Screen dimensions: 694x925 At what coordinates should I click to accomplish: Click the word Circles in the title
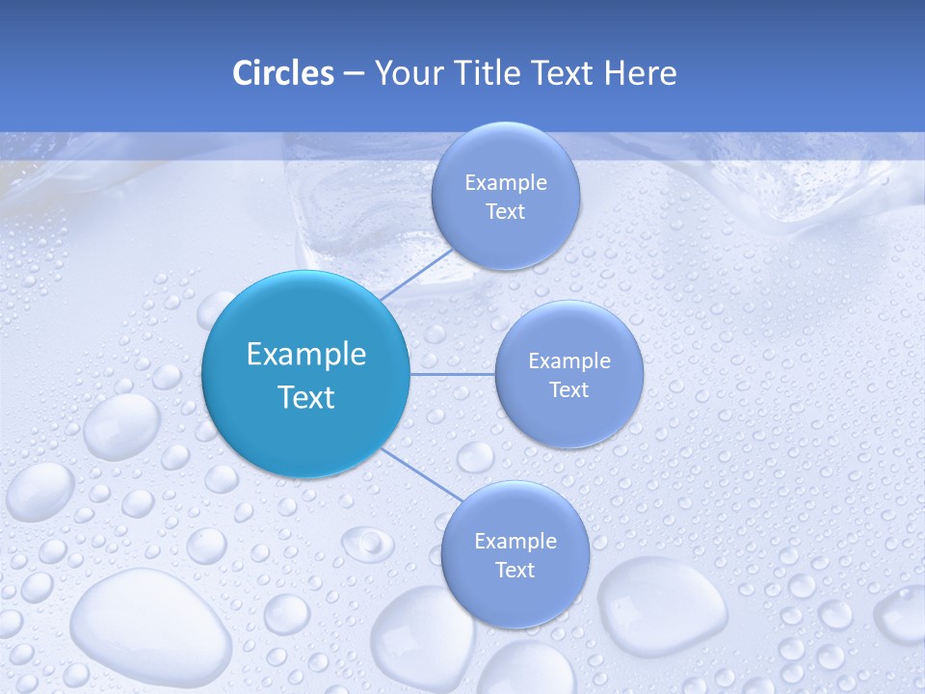tap(282, 73)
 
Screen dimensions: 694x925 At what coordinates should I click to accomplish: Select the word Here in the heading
tap(640, 73)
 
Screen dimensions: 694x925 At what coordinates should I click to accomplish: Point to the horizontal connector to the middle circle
tap(452, 374)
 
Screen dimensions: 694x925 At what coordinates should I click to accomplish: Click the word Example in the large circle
tap(305, 355)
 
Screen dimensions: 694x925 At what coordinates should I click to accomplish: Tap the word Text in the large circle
tap(305, 397)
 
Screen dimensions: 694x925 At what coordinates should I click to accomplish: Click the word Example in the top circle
tap(505, 183)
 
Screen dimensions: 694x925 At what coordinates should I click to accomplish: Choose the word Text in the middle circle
tap(568, 390)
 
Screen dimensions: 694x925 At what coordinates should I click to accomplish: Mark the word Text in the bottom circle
tap(515, 571)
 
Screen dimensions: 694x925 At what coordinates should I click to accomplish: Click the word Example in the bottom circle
tap(515, 542)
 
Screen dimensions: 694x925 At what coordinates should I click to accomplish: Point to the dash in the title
tap(354, 74)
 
